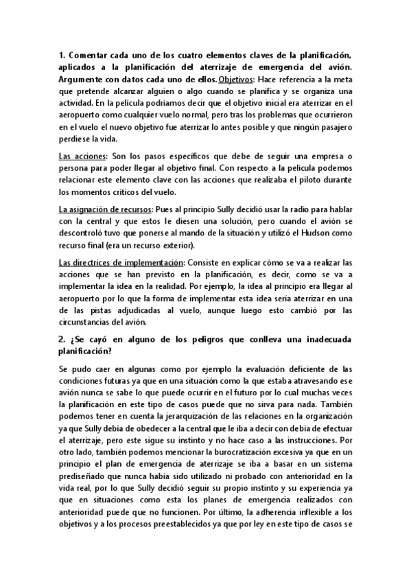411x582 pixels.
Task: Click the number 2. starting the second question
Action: point(62,337)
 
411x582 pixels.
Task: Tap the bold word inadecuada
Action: point(325,337)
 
